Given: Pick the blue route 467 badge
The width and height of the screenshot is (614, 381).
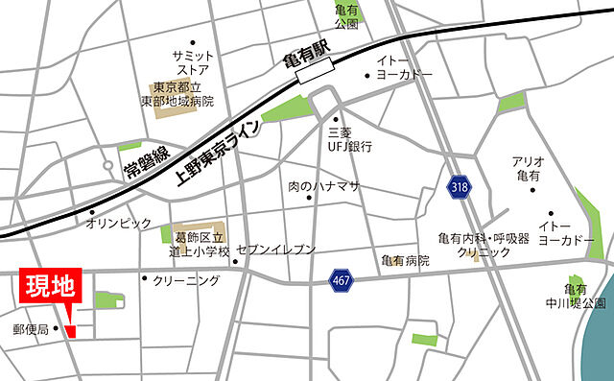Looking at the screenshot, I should (x=340, y=279).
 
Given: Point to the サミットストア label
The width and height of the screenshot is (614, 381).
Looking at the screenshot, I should (x=193, y=62).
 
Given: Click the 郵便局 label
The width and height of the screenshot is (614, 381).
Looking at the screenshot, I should (x=30, y=329).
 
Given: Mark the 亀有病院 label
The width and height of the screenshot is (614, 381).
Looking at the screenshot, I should (x=404, y=260).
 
